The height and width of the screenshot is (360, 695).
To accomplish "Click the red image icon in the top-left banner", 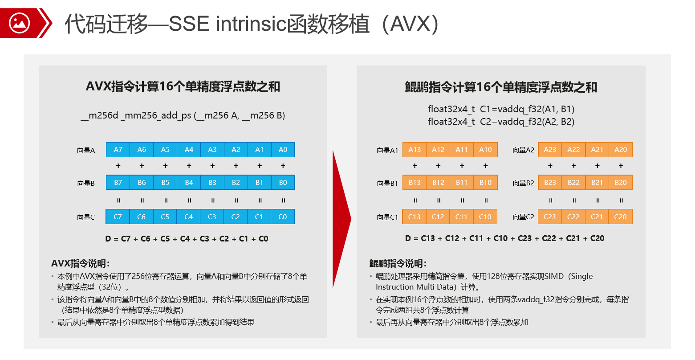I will click(x=19, y=23).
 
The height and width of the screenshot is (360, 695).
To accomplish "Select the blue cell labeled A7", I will click(x=118, y=150).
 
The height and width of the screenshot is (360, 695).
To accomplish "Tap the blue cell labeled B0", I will click(x=283, y=183).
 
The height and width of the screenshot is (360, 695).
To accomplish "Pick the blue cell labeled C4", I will click(x=188, y=217).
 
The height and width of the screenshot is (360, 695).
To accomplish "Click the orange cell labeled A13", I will click(x=415, y=150).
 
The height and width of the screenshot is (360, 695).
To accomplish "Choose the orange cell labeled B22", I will click(x=573, y=183).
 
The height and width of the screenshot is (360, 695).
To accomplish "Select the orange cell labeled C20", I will click(x=620, y=217).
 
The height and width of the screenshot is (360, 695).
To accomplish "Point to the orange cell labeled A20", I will click(x=621, y=150).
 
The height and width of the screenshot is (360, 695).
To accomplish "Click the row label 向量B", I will click(x=86, y=183).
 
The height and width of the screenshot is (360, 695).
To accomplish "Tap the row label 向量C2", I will click(x=523, y=217).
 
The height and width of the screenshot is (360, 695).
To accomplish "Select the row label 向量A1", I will click(x=387, y=150).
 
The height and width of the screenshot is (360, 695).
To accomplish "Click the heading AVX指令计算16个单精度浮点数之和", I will click(x=183, y=86).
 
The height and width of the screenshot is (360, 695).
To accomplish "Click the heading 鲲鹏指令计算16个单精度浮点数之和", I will click(x=501, y=87).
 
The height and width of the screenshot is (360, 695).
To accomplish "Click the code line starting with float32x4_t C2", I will click(x=501, y=122).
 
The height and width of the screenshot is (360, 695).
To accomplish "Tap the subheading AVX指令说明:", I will click(x=81, y=263).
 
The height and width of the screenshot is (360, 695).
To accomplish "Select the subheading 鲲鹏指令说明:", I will click(x=398, y=263).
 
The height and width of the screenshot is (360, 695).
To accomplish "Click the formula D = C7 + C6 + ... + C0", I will click(x=187, y=239).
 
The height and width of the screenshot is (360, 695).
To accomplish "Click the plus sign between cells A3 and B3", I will click(x=212, y=166).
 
